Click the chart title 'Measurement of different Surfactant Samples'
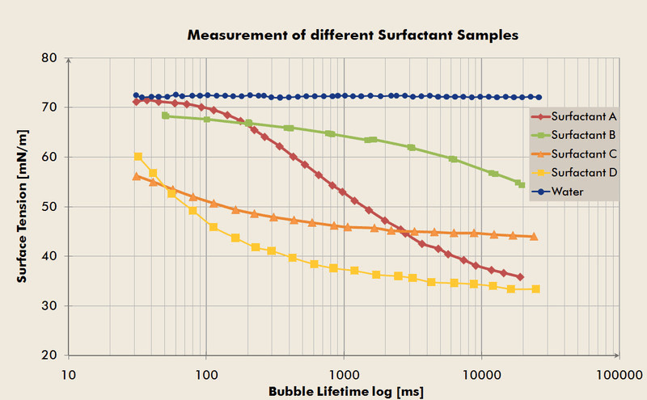tap(352, 36)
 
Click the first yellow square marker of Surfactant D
tap(138, 157)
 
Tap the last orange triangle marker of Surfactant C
tap(534, 237)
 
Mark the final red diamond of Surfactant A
tap(520, 277)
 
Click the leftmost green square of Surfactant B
tap(166, 116)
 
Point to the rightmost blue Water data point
tap(539, 97)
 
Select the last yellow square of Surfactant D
tap(535, 289)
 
